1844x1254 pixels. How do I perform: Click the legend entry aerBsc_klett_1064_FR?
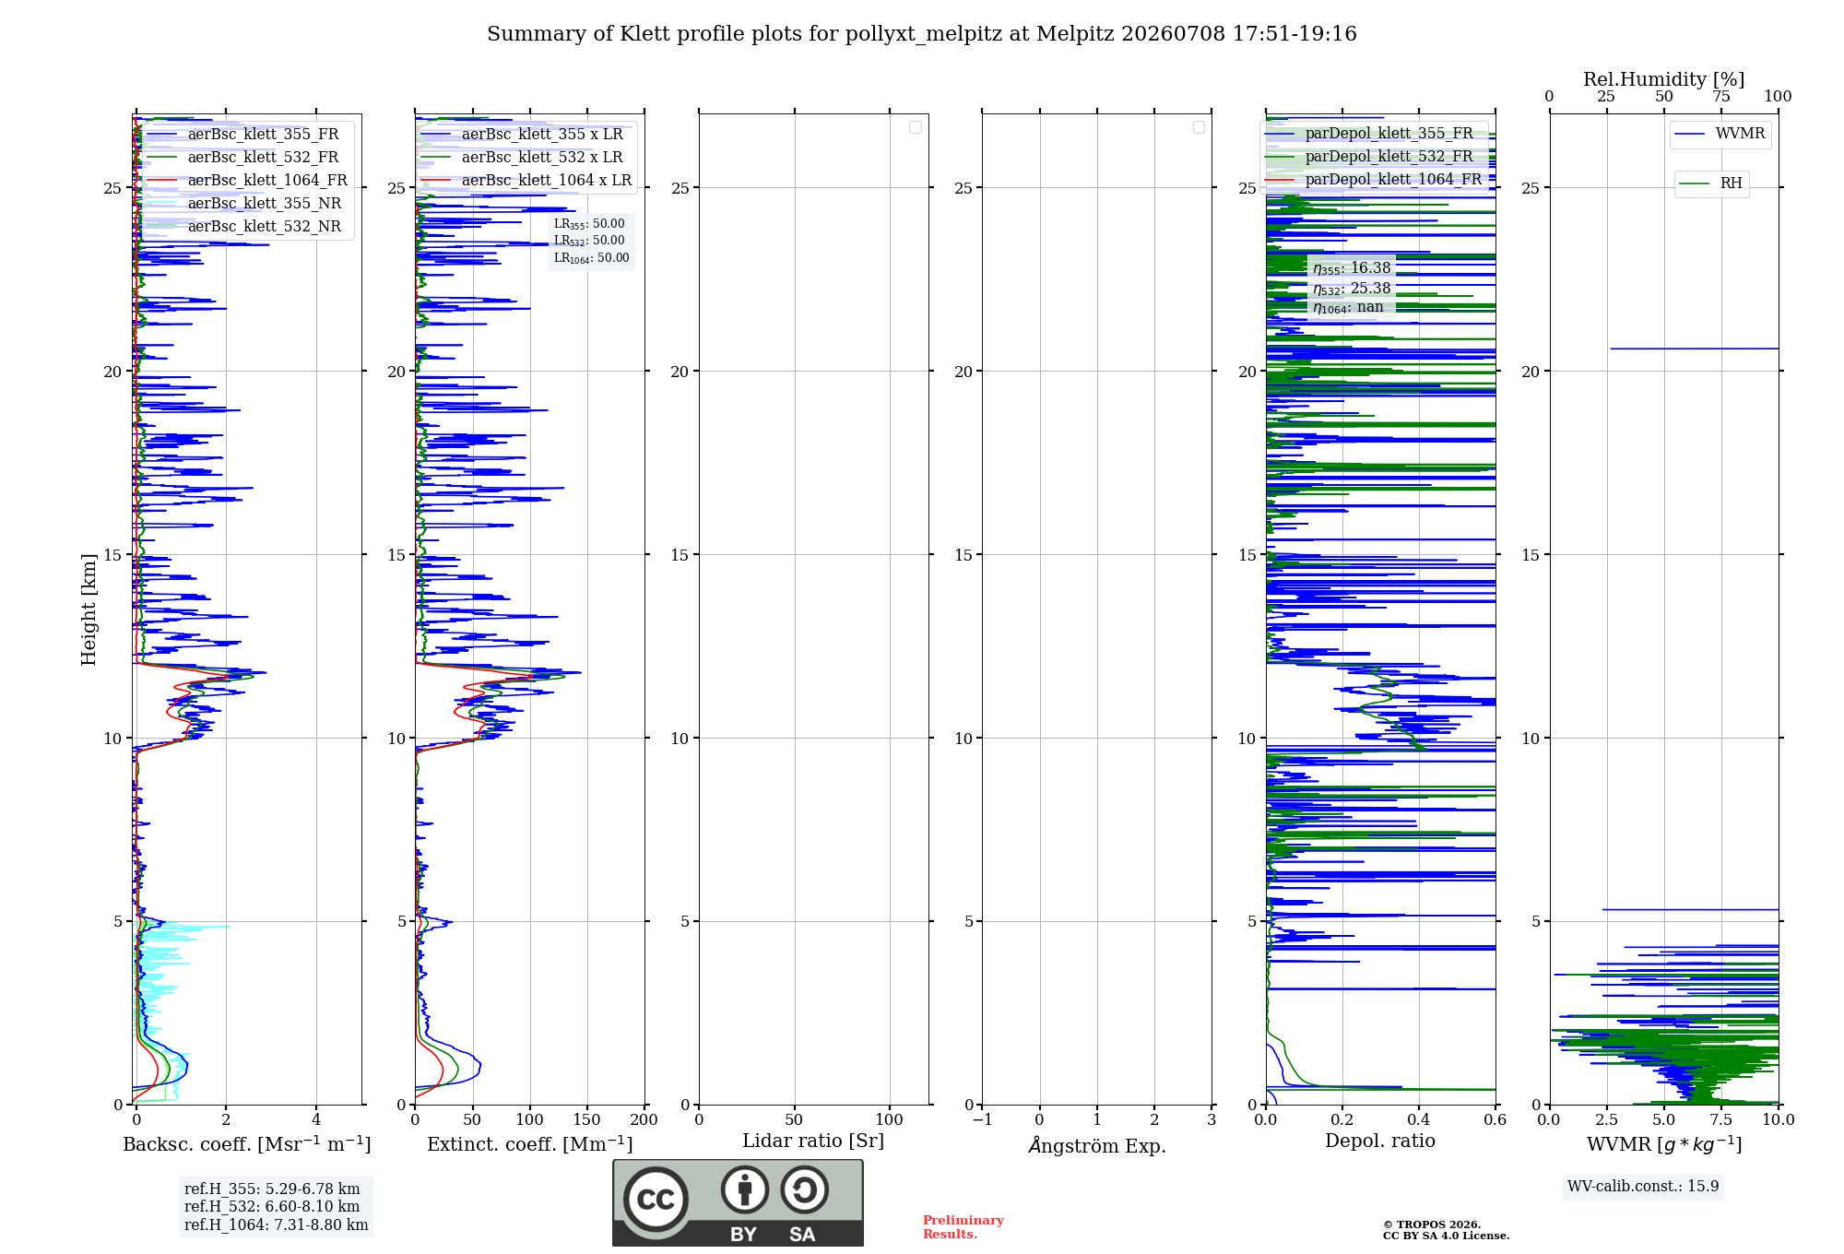[246, 181]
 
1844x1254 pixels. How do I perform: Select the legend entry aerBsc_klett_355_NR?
[243, 204]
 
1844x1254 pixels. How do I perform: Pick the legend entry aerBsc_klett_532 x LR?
[522, 158]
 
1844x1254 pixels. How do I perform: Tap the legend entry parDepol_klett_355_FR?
[1368, 134]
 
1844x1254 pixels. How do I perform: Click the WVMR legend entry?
[1720, 134]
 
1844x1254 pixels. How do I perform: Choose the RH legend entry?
[1711, 183]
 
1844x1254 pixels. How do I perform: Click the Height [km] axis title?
[89, 609]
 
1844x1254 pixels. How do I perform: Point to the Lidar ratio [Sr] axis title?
[813, 1142]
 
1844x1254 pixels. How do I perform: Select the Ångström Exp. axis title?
[1097, 1145]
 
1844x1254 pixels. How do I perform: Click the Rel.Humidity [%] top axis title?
[1664, 79]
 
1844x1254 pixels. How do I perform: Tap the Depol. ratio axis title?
[1380, 1142]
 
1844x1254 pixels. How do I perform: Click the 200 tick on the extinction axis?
[644, 1120]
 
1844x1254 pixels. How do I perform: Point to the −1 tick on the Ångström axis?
[983, 1120]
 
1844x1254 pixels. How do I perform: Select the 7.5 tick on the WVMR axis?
[1721, 1120]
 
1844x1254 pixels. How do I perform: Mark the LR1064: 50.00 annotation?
[591, 258]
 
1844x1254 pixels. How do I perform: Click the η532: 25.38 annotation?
[1352, 289]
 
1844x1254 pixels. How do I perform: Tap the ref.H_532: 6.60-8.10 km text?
[272, 1207]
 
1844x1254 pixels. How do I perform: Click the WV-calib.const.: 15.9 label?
[1643, 1187]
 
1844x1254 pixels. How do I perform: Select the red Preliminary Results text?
[963, 1227]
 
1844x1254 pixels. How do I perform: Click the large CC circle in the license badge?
[656, 1200]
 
